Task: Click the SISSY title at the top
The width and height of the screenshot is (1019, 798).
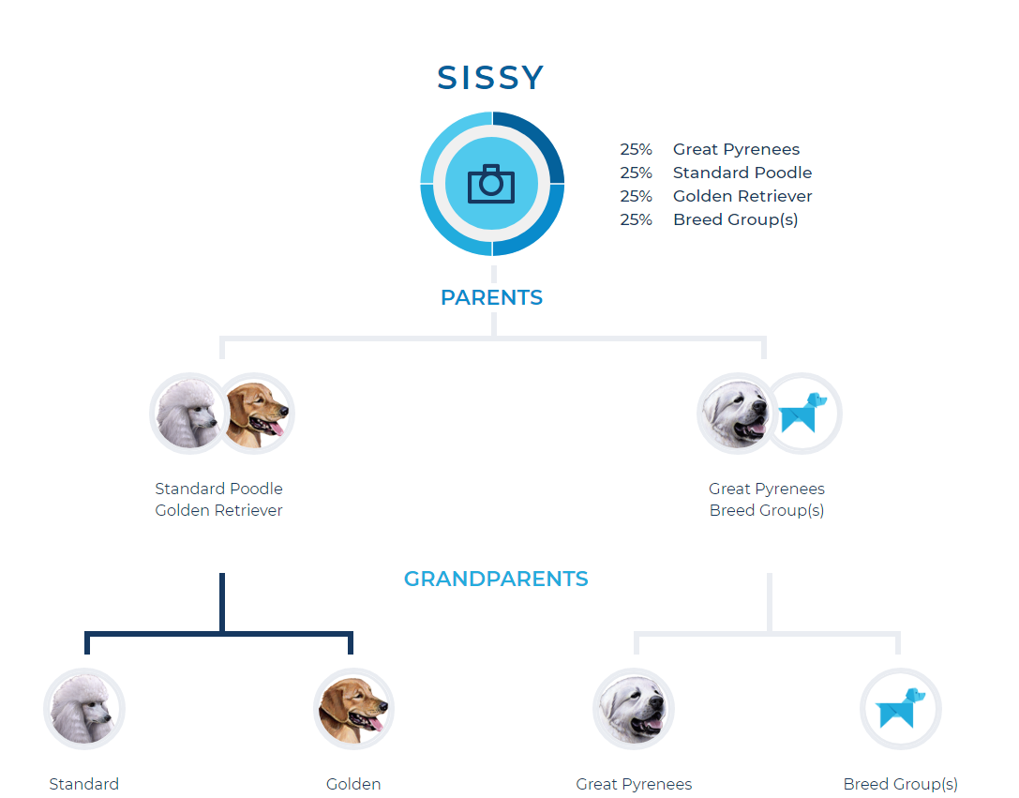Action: (490, 78)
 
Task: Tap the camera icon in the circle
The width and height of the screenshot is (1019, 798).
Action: (491, 184)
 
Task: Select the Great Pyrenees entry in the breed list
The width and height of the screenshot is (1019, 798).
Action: (710, 149)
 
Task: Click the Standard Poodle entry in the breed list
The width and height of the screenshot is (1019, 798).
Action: (715, 173)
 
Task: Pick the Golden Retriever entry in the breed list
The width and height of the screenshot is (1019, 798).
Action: (715, 196)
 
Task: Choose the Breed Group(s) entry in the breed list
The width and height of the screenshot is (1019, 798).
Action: (709, 219)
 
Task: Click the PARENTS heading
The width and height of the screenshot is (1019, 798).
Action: (491, 297)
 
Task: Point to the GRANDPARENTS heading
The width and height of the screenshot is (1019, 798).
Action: (496, 579)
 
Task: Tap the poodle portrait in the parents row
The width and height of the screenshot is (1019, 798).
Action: (188, 414)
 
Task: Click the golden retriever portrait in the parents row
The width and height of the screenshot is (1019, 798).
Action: (256, 414)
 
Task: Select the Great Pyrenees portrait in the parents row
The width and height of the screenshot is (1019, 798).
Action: (736, 414)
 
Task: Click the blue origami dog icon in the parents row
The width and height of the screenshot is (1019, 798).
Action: (802, 414)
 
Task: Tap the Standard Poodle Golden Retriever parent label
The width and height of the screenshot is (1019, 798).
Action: (219, 499)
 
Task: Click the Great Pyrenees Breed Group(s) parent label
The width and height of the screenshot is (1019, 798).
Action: (767, 499)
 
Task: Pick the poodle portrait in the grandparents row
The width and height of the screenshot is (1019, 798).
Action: (84, 708)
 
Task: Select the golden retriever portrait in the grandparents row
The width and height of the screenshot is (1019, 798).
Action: (353, 708)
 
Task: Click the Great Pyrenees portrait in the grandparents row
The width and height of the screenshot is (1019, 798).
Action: (634, 708)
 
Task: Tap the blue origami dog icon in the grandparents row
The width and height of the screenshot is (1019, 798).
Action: (901, 708)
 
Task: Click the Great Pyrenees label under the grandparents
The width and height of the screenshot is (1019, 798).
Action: (634, 784)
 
